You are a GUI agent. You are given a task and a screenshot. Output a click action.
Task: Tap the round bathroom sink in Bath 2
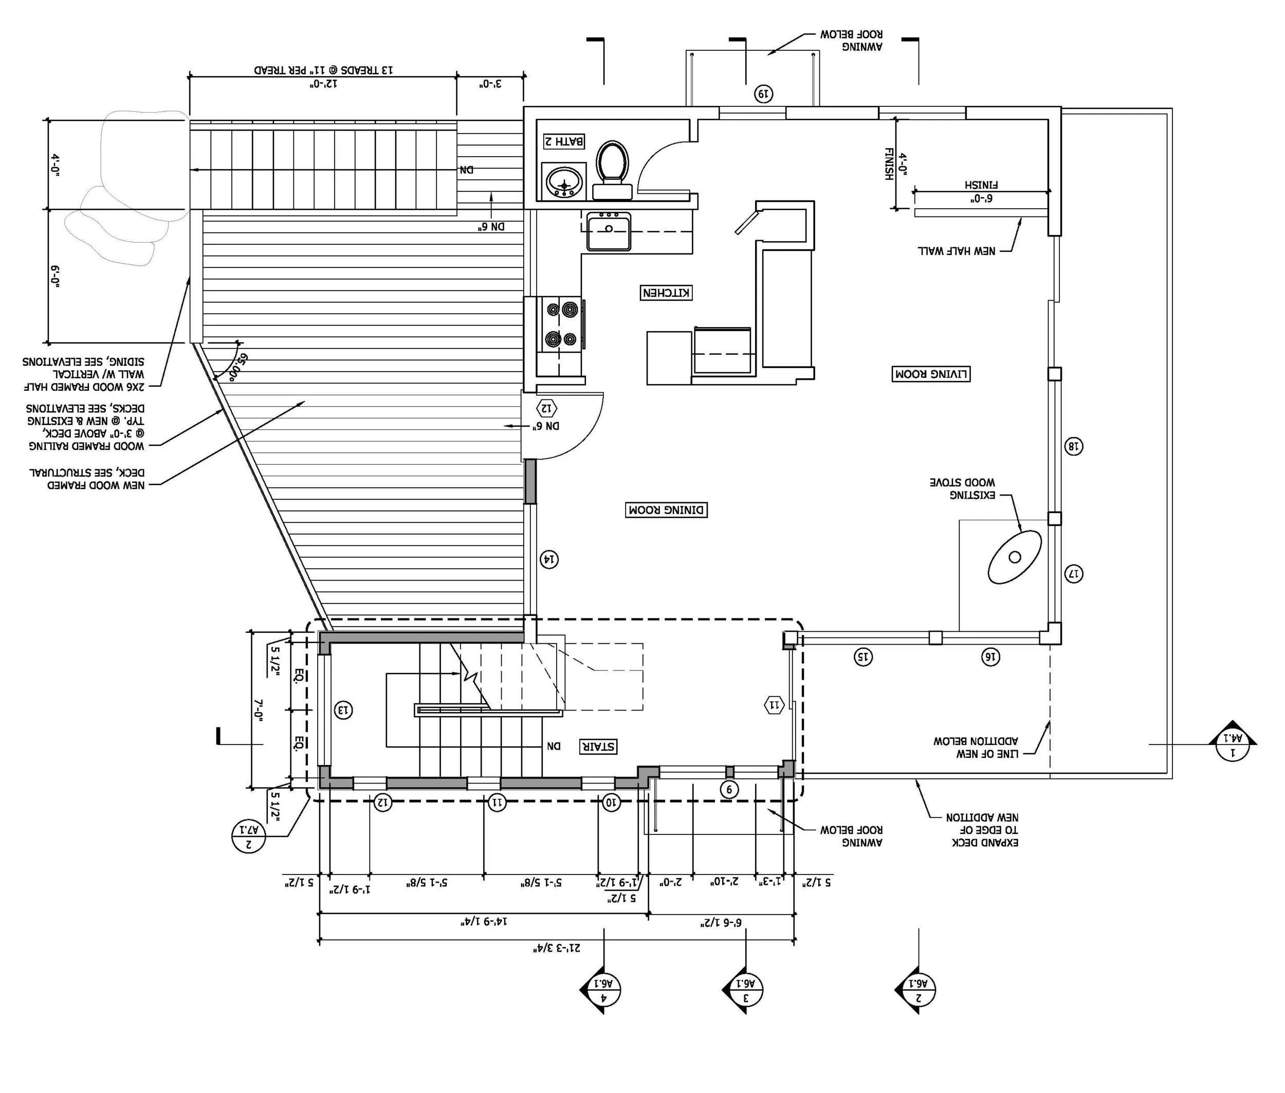point(564,181)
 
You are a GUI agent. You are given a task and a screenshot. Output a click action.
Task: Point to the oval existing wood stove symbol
point(1014,556)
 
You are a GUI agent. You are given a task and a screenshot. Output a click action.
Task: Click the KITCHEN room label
point(666,293)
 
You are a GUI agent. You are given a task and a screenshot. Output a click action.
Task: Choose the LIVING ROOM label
point(931,374)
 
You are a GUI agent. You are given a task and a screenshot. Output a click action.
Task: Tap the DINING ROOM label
point(666,510)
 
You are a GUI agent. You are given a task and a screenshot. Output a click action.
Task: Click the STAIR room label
point(598,746)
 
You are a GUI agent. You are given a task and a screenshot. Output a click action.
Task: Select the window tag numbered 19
point(763,94)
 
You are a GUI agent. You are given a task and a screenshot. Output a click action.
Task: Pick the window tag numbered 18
point(1073,446)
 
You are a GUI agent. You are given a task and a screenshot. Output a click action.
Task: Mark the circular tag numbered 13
point(343,709)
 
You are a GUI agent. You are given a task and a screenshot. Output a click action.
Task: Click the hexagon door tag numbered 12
point(547,408)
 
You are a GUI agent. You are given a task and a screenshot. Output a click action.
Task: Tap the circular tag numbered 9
point(729,789)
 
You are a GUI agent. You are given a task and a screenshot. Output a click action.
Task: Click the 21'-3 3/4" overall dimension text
point(558,948)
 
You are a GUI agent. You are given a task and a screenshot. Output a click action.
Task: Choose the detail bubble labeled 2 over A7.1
point(248,835)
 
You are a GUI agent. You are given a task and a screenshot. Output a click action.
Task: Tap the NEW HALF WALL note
point(957,250)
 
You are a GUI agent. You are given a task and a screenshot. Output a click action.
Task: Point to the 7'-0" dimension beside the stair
point(259,709)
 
